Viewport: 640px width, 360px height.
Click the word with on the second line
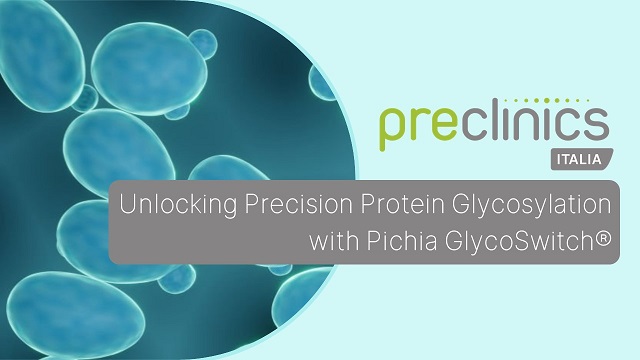click(334, 241)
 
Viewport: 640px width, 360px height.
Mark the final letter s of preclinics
click(597, 126)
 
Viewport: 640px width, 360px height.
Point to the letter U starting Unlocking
click(127, 206)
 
